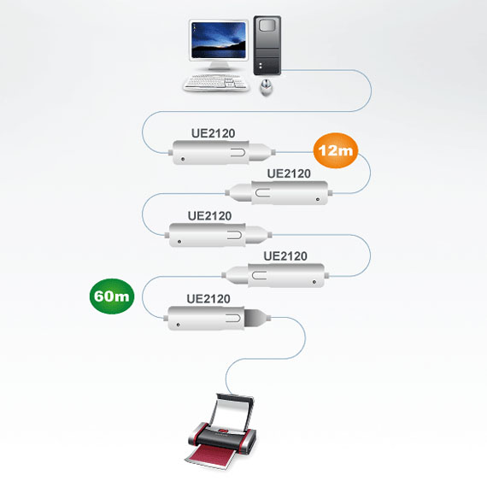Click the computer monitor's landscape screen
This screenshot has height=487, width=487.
click(219, 40)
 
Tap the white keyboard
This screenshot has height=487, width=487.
click(216, 83)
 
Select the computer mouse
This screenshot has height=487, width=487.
click(267, 87)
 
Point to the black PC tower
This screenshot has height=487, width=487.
click(267, 45)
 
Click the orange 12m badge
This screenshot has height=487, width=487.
click(336, 150)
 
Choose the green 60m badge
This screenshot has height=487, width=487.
click(112, 296)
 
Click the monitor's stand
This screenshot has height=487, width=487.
click(219, 66)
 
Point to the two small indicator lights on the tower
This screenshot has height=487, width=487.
click(261, 66)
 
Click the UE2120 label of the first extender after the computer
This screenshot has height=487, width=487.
click(213, 133)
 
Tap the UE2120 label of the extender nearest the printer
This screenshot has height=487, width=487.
click(208, 299)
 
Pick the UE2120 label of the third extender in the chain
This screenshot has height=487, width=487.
click(209, 216)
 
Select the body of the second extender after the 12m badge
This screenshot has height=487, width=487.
click(219, 235)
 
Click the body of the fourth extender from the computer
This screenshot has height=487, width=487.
click(275, 276)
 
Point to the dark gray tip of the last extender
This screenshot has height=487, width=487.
click(255, 318)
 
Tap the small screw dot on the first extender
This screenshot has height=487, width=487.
click(183, 159)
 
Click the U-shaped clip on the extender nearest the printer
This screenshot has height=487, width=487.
click(234, 318)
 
